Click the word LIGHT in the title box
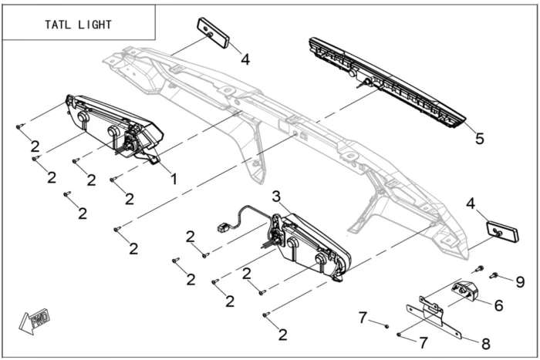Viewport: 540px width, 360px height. (94, 25)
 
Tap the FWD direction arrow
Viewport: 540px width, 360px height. (34, 318)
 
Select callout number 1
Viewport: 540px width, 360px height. (174, 179)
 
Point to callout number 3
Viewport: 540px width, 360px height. (275, 196)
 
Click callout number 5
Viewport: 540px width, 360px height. (479, 139)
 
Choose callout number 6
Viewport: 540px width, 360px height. (498, 305)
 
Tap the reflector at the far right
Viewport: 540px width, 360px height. (501, 231)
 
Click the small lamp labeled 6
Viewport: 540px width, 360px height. (466, 291)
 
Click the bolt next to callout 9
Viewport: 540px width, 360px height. (494, 275)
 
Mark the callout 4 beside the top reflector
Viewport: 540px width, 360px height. (245, 59)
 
